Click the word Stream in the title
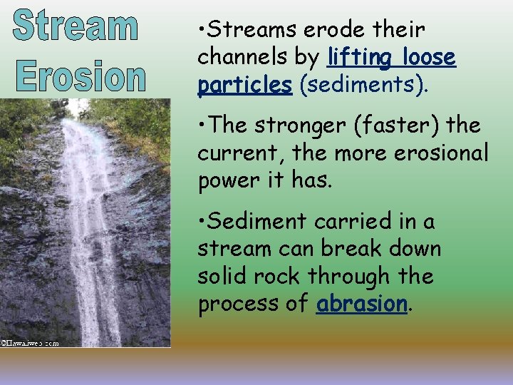click(x=76, y=26)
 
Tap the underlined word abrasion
click(x=361, y=304)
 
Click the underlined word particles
click(x=245, y=85)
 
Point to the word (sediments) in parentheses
click(x=364, y=85)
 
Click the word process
click(x=241, y=304)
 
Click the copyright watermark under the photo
click(x=29, y=343)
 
